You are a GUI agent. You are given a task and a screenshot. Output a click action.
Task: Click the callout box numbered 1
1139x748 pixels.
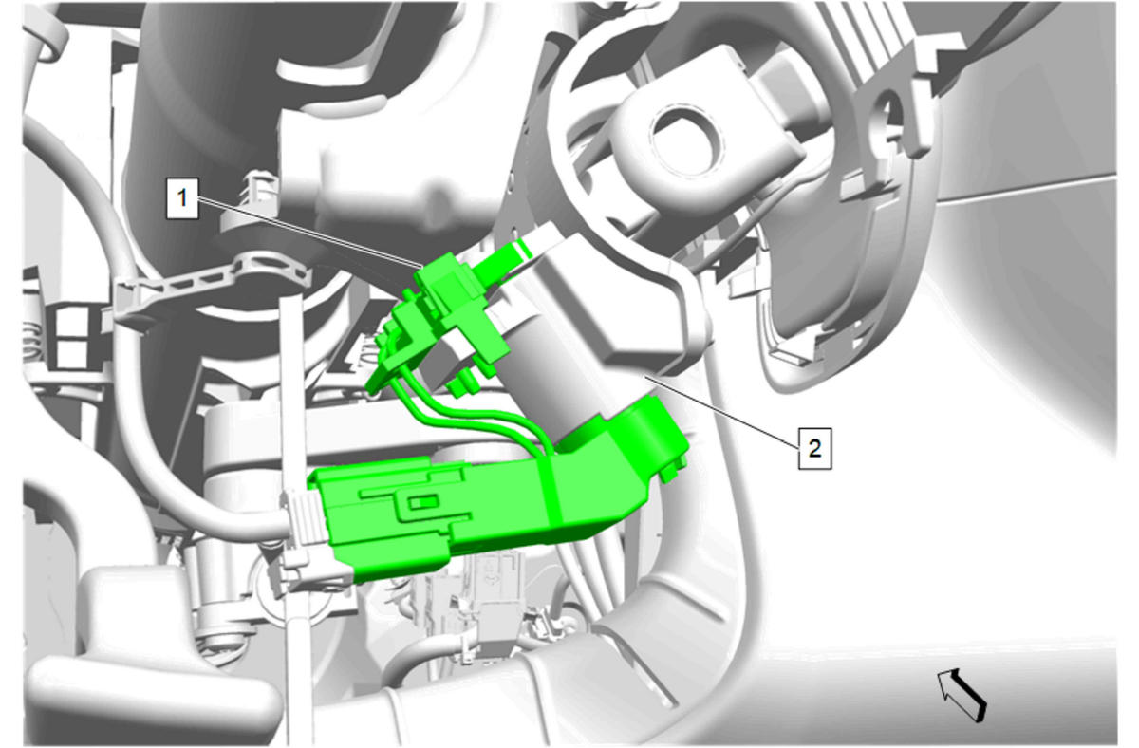click(182, 198)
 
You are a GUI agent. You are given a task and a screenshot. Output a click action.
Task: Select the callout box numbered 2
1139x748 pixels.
click(814, 448)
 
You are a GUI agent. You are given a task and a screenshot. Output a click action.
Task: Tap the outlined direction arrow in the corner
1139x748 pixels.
click(962, 695)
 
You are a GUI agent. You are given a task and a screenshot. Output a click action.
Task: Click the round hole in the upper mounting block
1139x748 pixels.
click(686, 139)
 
